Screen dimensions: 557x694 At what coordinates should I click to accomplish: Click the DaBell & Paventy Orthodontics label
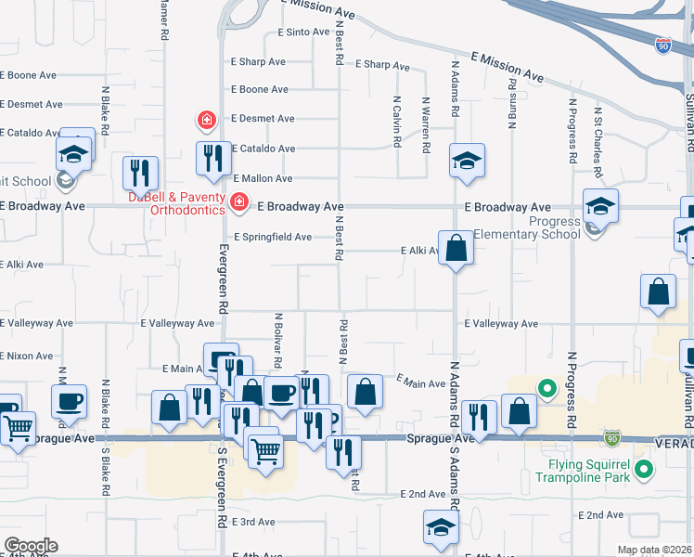coord(176,203)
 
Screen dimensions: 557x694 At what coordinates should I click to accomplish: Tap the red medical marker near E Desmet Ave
coord(206,120)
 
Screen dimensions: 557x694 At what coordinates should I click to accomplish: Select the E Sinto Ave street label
coord(303,32)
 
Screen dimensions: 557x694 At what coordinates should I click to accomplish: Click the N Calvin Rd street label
coord(396,123)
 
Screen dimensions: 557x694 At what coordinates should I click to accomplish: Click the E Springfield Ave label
coord(272,237)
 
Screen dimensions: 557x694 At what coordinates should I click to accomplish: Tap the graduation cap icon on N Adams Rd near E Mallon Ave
coord(468,160)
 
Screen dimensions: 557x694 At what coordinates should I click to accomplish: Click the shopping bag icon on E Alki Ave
coord(455,248)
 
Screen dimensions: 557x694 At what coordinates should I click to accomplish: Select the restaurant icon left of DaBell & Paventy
coord(140,172)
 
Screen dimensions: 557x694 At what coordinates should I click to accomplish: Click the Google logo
coord(31,546)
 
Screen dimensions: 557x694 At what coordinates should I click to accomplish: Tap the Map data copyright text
coord(654,551)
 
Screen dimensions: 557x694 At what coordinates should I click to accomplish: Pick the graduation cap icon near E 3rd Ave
coord(440,526)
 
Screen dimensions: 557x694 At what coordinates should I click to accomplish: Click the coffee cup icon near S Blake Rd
coord(69,401)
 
